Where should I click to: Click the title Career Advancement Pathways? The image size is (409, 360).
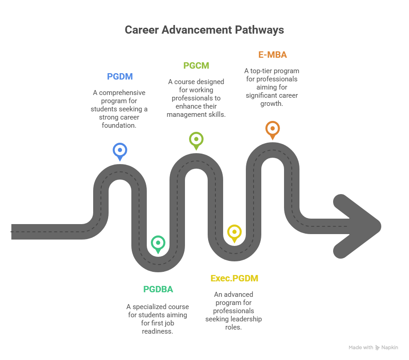[x=204, y=30]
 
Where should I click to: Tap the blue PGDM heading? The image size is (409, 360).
[x=120, y=76]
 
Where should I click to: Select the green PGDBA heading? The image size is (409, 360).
[x=158, y=289]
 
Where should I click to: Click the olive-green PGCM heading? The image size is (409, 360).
[x=196, y=65]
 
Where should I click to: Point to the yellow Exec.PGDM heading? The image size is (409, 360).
[x=234, y=278]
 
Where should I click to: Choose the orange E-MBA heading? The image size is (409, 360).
[x=272, y=55]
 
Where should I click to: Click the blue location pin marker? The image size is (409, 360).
[x=120, y=150]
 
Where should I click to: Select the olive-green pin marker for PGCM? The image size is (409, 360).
[x=196, y=139]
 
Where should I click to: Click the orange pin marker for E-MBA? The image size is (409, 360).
[x=273, y=128]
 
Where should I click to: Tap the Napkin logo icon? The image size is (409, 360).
[x=377, y=347]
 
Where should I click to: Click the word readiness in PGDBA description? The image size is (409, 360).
[x=158, y=331]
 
